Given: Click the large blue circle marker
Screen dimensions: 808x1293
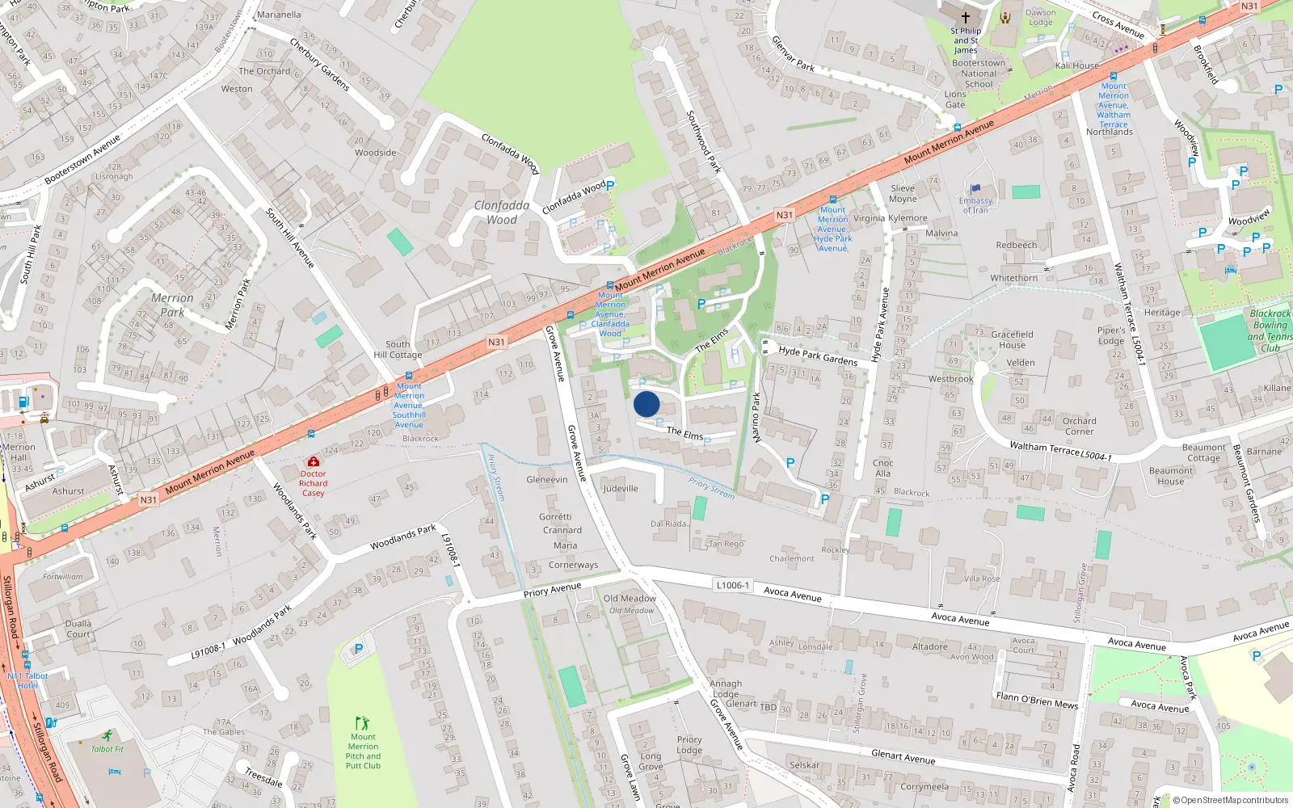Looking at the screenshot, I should click(646, 404).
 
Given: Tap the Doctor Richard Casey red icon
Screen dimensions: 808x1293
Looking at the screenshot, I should click(314, 461).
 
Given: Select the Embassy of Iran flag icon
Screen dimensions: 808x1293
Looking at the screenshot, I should click(975, 189).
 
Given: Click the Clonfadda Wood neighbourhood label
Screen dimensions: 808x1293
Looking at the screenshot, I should click(502, 213).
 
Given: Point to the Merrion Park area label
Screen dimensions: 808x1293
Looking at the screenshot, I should click(172, 305).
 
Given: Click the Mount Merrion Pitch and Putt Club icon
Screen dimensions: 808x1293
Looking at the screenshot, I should click(363, 722).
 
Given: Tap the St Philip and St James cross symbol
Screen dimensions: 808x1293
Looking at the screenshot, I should click(965, 17).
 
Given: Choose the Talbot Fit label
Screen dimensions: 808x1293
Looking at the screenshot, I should click(107, 749).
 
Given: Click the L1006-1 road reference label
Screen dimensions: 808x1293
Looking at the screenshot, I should click(733, 585).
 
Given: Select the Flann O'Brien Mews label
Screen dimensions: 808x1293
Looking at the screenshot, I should click(1037, 701).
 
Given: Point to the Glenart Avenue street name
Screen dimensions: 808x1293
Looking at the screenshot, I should click(903, 756).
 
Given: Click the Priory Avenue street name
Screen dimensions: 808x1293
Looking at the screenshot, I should click(552, 591).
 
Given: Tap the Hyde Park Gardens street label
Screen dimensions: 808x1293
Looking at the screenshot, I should click(818, 356).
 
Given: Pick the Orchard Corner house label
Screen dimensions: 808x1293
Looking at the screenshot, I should click(1080, 426).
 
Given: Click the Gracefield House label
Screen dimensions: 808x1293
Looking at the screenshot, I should click(1012, 339).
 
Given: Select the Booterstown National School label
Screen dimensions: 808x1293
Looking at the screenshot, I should click(979, 74).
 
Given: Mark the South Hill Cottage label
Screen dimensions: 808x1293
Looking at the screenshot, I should click(398, 349).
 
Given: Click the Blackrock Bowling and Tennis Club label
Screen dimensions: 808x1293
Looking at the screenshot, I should click(1270, 330).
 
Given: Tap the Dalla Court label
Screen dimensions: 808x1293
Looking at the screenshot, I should click(78, 629).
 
